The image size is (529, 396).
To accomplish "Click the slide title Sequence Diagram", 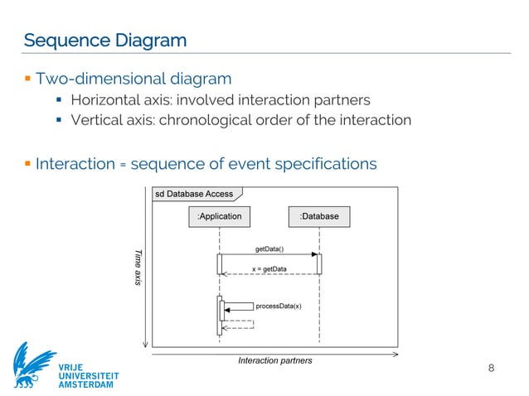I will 104,40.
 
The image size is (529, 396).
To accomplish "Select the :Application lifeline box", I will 219,216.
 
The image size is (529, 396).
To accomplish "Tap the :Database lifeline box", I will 318,216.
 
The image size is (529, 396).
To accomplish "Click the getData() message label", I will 269,249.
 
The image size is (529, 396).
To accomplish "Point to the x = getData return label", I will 269,268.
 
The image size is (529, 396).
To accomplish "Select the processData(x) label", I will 279,306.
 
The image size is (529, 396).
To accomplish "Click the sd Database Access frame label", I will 193,194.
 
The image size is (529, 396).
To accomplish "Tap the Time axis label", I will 138,268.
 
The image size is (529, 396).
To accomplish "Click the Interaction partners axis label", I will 275,360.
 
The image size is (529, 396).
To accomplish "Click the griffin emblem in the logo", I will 33,365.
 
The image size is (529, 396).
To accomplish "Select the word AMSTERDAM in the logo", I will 89,385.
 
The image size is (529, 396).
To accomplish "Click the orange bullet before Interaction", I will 27,162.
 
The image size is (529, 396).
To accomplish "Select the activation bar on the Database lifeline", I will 318,263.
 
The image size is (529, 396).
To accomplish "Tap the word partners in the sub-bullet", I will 342,100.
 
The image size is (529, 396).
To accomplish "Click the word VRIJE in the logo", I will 70,365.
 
